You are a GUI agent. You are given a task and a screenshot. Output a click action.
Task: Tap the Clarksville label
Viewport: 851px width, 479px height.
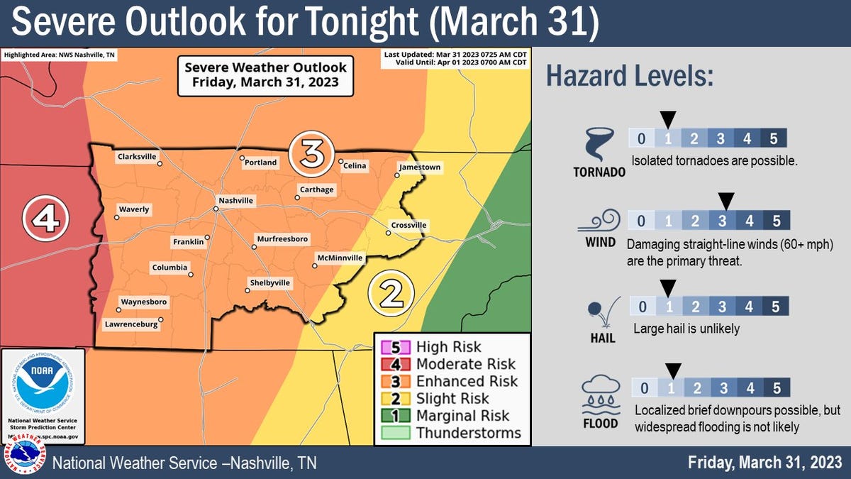[137, 156]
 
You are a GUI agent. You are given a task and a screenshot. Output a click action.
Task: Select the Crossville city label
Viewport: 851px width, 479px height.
[408, 226]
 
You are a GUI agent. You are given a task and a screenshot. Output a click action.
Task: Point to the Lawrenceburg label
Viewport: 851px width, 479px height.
[131, 324]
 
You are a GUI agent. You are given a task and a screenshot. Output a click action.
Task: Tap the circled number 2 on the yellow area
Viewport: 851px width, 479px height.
[390, 292]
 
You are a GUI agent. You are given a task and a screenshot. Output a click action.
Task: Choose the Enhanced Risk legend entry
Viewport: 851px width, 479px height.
[467, 381]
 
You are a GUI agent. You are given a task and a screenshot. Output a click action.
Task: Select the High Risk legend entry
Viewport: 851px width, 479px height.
[448, 347]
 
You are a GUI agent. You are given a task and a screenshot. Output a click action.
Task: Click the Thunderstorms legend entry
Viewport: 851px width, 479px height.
[468, 433]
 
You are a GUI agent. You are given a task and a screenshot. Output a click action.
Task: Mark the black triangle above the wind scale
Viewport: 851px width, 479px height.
[725, 201]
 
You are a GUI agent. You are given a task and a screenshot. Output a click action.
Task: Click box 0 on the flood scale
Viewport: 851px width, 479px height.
[644, 388]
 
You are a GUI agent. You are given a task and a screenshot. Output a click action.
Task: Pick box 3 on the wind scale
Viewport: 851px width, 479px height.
[722, 221]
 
